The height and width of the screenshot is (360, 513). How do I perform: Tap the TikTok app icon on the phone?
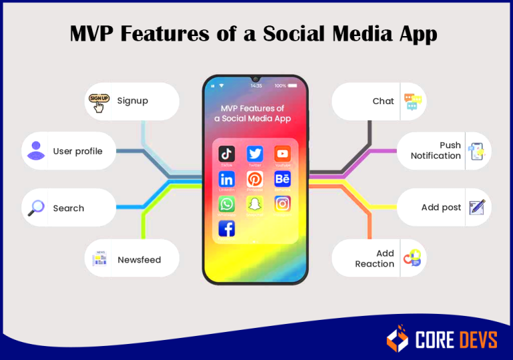tap(227, 154)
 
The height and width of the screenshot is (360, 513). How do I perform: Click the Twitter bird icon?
tap(255, 154)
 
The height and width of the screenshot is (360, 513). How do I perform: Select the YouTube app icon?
tap(283, 154)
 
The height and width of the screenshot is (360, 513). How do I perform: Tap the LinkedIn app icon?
tap(227, 179)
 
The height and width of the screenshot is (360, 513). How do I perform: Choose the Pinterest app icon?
tap(255, 179)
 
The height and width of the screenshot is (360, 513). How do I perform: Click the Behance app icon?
tap(283, 179)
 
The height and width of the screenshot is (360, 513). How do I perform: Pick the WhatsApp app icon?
tap(227, 204)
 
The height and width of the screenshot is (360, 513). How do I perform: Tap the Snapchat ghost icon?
tap(255, 204)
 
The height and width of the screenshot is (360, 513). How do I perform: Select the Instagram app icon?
tap(283, 204)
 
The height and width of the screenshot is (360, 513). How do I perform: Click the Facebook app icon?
tap(227, 228)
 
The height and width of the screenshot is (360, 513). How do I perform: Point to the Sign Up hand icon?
tap(99, 102)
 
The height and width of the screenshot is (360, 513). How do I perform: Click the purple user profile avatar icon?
tap(36, 150)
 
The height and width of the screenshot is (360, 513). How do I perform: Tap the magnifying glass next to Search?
tap(36, 208)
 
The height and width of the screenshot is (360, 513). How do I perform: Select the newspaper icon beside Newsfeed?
tap(100, 258)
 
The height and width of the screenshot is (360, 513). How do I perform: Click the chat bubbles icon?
tap(413, 102)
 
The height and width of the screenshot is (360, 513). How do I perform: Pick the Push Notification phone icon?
tap(476, 151)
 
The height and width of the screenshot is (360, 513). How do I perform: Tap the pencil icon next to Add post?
tap(476, 207)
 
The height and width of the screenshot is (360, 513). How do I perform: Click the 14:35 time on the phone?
tap(256, 85)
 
